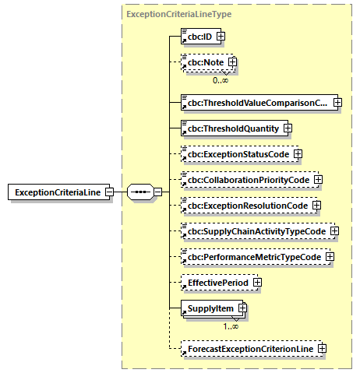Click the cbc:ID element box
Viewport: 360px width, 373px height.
(x=197, y=36)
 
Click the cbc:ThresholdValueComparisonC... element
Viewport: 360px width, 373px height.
(x=256, y=102)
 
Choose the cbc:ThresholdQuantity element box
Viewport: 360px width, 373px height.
(x=231, y=128)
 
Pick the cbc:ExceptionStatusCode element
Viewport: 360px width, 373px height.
(x=235, y=154)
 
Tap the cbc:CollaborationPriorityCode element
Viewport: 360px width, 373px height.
(x=245, y=180)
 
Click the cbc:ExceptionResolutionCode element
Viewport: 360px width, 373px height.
(x=244, y=206)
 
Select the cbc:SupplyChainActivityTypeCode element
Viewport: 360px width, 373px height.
(x=253, y=231)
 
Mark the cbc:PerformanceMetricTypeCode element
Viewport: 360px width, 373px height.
(x=251, y=257)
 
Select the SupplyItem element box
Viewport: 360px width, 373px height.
(x=208, y=309)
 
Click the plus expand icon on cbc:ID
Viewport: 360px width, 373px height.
(x=221, y=36)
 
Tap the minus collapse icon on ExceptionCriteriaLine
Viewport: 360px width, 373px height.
(x=110, y=192)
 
